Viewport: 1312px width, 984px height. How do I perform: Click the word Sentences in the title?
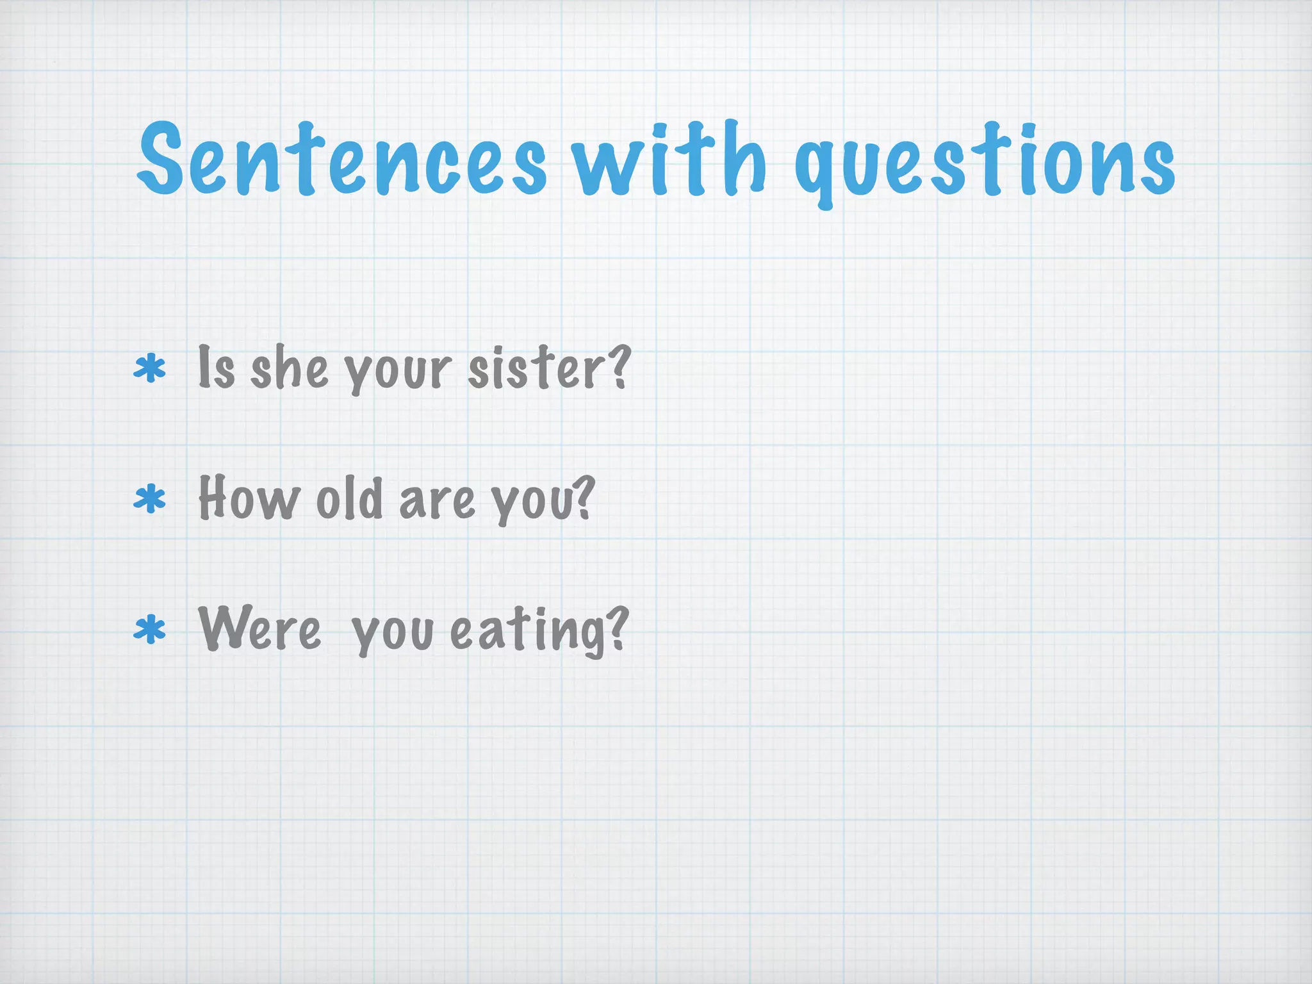point(342,159)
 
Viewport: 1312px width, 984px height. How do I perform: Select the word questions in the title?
point(985,164)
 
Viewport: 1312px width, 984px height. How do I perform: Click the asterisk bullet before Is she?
point(149,370)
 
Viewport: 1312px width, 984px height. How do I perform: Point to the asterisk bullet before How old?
point(149,500)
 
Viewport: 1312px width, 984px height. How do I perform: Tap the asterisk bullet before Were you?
point(149,630)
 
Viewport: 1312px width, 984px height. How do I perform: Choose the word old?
point(350,498)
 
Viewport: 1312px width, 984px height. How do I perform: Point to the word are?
point(438,501)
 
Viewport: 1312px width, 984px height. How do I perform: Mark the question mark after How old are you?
point(582,497)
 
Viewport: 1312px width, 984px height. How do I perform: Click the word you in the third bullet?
point(392,633)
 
